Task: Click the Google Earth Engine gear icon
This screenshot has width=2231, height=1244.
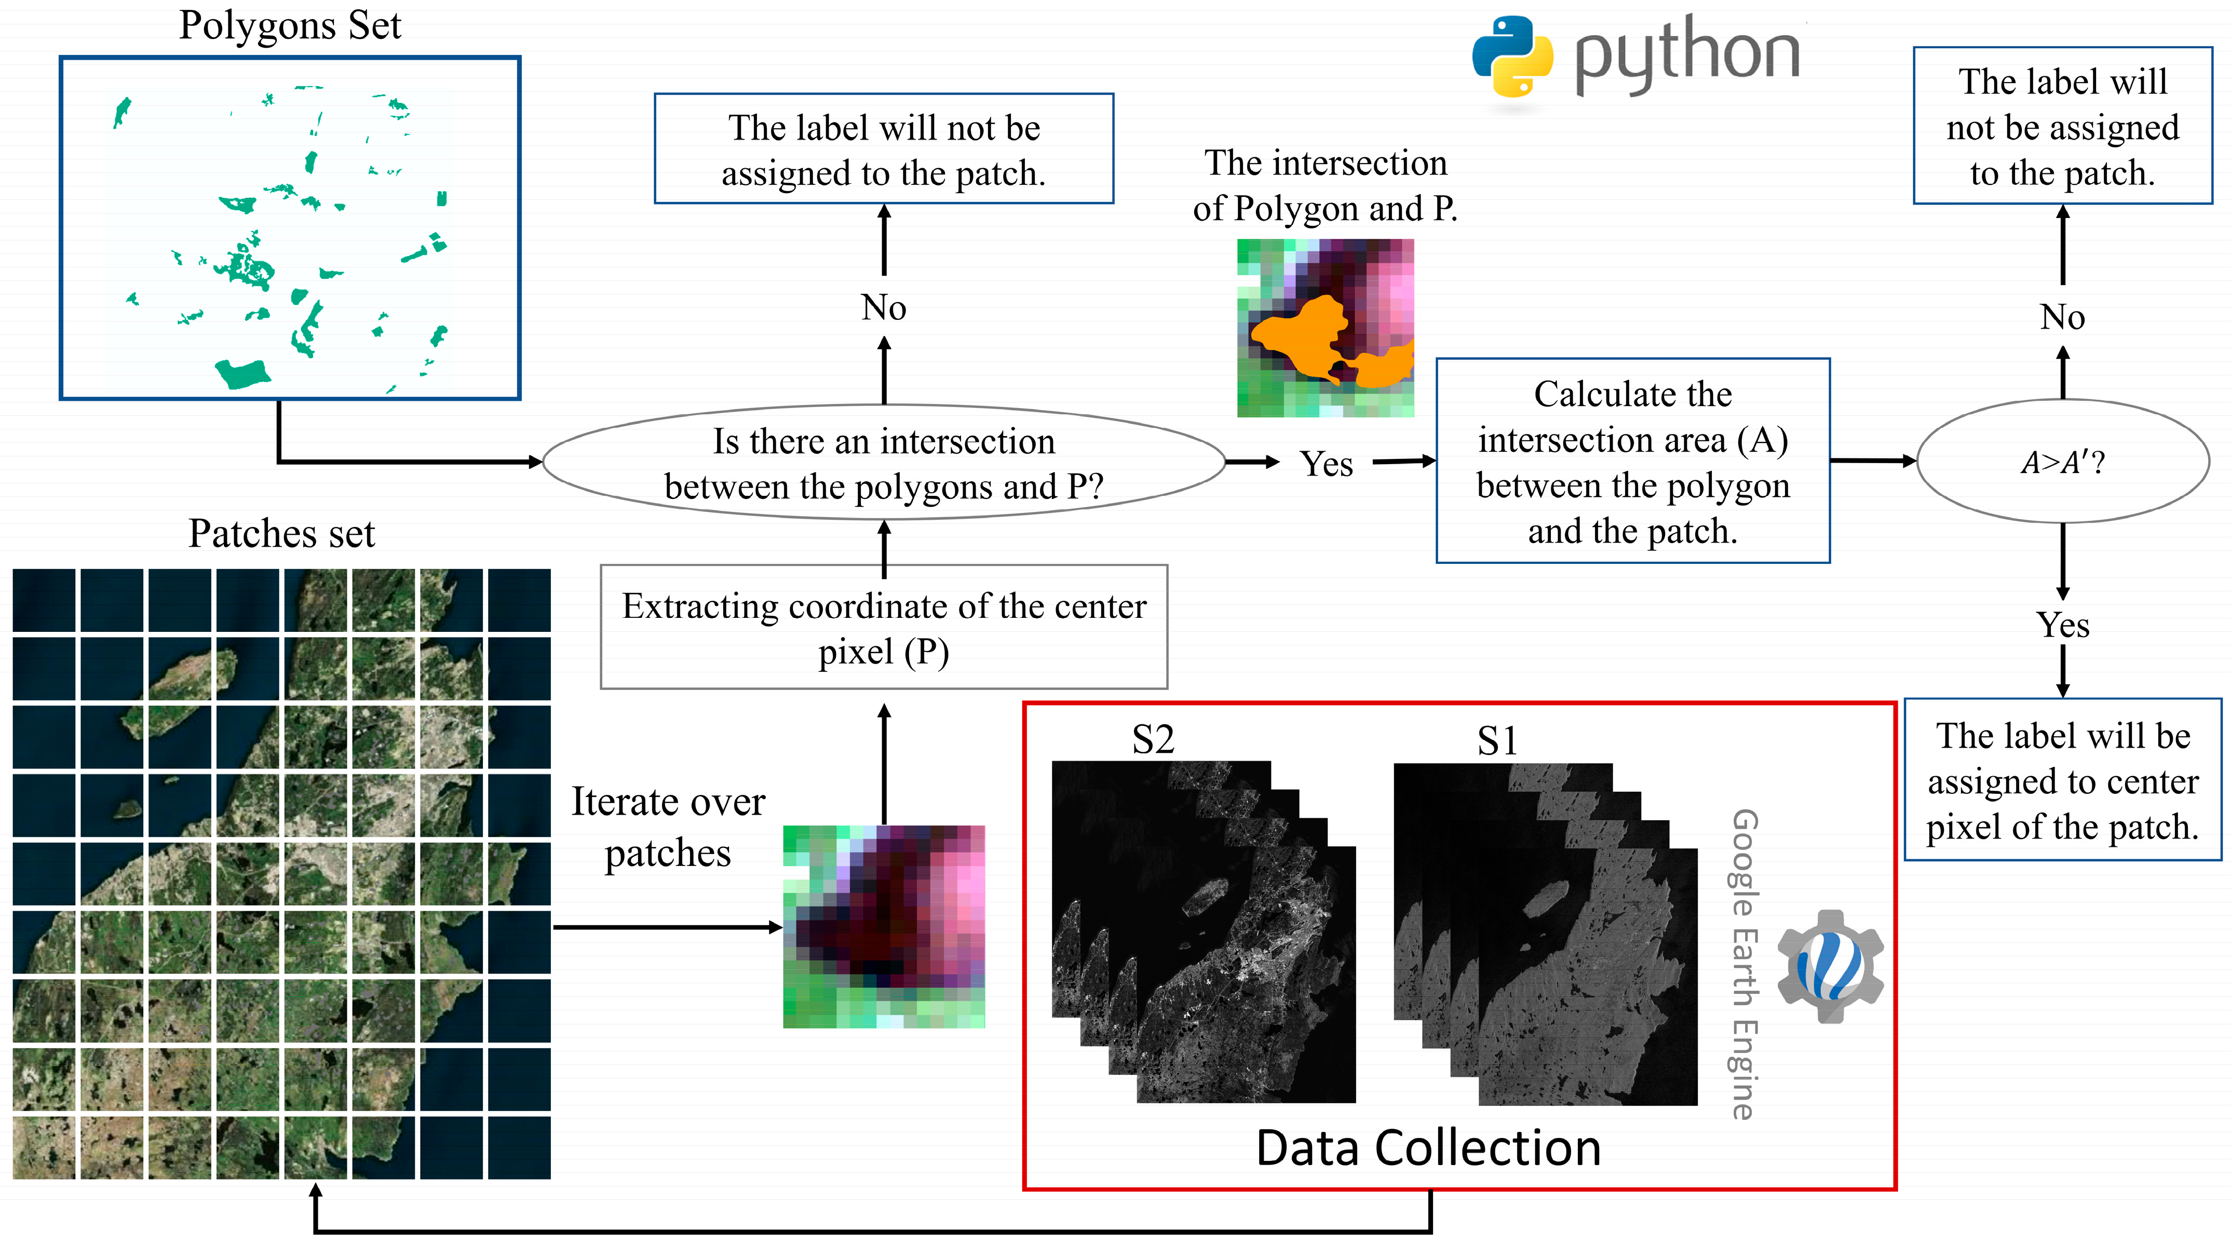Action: pyautogui.click(x=1830, y=965)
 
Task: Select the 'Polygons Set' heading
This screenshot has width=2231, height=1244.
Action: pyautogui.click(x=290, y=25)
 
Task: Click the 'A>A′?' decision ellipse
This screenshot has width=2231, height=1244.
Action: pyautogui.click(x=2062, y=462)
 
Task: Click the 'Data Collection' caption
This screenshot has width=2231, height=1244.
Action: pyautogui.click(x=1428, y=1148)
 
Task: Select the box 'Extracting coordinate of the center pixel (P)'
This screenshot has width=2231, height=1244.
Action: pyautogui.click(x=883, y=628)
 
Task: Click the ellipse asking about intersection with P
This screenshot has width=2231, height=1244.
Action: pyautogui.click(x=883, y=464)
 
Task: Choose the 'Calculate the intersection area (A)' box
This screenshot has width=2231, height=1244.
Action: pyautogui.click(x=1632, y=462)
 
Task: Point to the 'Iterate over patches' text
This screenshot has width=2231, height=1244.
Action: pyautogui.click(x=668, y=827)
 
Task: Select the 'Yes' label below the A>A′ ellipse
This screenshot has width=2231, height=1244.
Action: pyautogui.click(x=2062, y=625)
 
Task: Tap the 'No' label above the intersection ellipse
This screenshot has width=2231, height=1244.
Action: pyautogui.click(x=883, y=307)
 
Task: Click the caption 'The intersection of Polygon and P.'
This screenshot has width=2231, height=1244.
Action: pyautogui.click(x=1325, y=185)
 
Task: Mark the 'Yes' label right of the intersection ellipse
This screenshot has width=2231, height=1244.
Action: pyautogui.click(x=1326, y=464)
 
